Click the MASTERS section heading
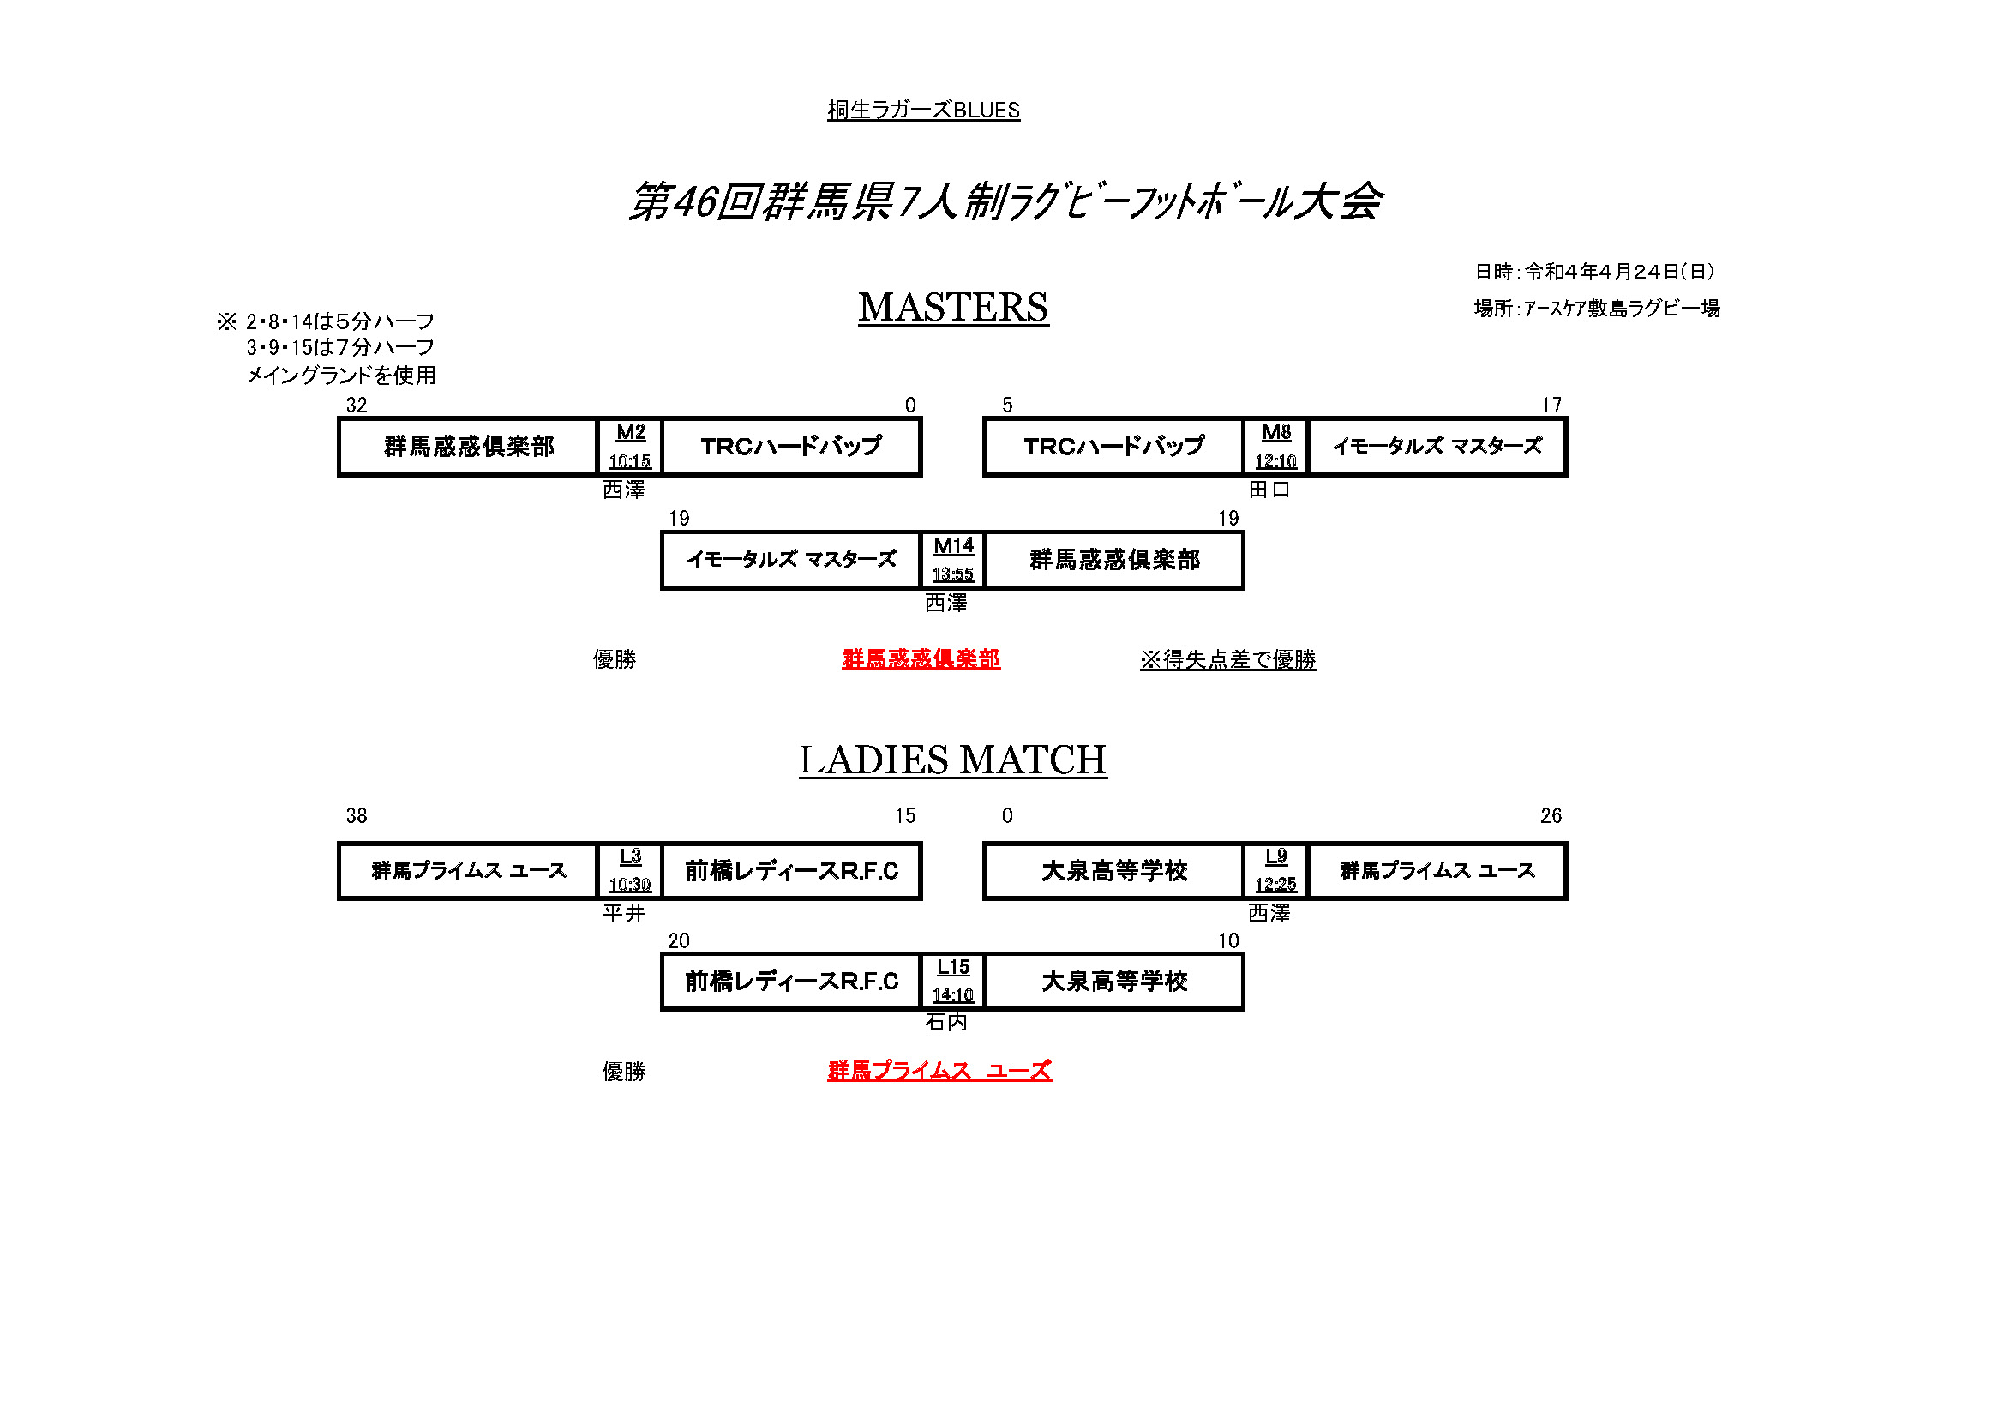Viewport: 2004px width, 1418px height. [x=952, y=309]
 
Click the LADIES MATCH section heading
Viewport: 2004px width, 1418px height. [x=952, y=760]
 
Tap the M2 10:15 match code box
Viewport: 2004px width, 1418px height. [x=630, y=447]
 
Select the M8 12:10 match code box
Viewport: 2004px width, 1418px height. [x=1275, y=447]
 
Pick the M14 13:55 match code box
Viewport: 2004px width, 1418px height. [x=953, y=561]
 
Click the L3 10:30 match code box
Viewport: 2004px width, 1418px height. [x=630, y=871]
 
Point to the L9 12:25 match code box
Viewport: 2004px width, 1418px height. [x=1275, y=871]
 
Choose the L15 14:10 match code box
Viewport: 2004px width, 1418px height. [x=953, y=982]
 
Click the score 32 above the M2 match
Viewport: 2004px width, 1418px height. [x=356, y=406]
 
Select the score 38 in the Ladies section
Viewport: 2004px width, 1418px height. [x=356, y=816]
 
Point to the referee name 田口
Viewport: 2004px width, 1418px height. [x=1269, y=490]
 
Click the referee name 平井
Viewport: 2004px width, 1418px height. [x=623, y=913]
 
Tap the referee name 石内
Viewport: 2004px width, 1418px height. [x=946, y=1023]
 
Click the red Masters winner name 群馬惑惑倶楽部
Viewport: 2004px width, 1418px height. [x=921, y=659]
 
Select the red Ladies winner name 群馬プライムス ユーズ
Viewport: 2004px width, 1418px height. [x=939, y=1072]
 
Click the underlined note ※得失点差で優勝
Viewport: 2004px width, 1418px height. [x=1227, y=660]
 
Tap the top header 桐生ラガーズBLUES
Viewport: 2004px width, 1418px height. [x=923, y=111]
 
